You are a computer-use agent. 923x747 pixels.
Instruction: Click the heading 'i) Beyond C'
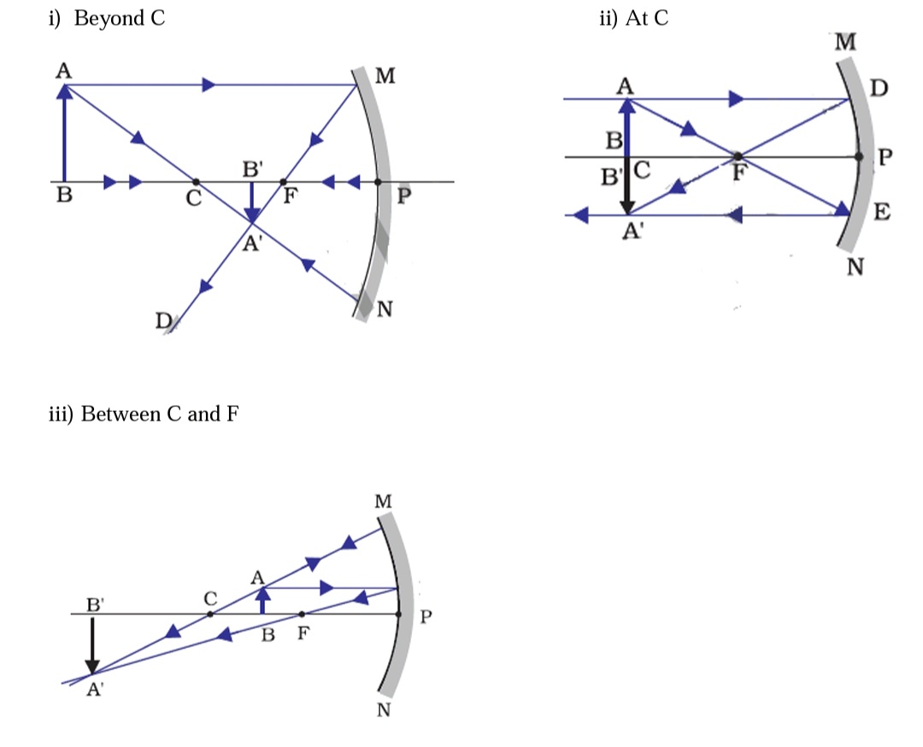click(106, 19)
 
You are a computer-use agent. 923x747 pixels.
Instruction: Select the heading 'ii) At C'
click(634, 19)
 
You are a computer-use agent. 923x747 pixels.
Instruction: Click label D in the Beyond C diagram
click(162, 321)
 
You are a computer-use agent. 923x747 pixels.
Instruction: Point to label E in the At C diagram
click(880, 213)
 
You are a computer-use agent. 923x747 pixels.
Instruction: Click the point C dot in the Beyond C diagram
click(197, 182)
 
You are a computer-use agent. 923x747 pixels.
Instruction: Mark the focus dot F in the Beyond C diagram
click(283, 182)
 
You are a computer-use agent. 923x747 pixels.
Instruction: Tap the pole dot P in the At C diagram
click(861, 157)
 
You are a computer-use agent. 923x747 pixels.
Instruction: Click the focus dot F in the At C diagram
click(738, 156)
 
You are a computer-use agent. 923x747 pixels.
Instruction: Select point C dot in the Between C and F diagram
click(210, 614)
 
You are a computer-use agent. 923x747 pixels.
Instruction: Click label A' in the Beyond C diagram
click(251, 244)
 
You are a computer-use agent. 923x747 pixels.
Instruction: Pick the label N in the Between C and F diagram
click(384, 711)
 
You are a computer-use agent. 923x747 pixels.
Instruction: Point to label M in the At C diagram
click(847, 42)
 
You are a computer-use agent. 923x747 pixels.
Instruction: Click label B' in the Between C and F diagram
click(96, 604)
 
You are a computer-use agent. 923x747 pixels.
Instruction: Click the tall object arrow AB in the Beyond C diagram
click(63, 132)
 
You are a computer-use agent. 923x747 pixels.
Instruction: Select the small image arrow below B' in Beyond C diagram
click(251, 202)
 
